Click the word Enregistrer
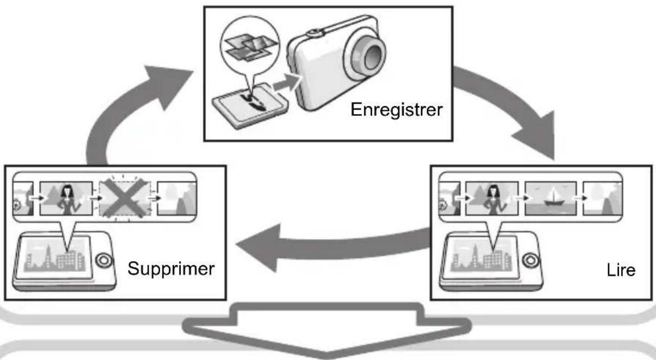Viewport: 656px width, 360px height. pyautogui.click(x=396, y=110)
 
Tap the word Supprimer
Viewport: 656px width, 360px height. pyautogui.click(x=171, y=269)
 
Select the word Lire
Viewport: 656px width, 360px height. pyautogui.click(x=621, y=270)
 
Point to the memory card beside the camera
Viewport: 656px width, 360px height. pyautogui.click(x=250, y=106)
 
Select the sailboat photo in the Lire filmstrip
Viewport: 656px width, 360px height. pyautogui.click(x=551, y=198)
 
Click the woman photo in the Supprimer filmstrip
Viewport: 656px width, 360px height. pyautogui.click(x=66, y=198)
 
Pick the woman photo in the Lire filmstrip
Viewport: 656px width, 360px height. pyautogui.click(x=492, y=198)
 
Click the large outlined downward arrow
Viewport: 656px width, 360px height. pyautogui.click(x=327, y=330)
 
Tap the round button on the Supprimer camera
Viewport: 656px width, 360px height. pyautogui.click(x=104, y=260)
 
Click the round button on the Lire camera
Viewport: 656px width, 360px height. pyautogui.click(x=530, y=260)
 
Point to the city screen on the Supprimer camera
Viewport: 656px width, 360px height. pyautogui.click(x=54, y=257)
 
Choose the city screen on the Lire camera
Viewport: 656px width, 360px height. pyautogui.click(x=480, y=257)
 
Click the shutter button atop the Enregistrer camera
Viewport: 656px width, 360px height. pyautogui.click(x=315, y=32)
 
